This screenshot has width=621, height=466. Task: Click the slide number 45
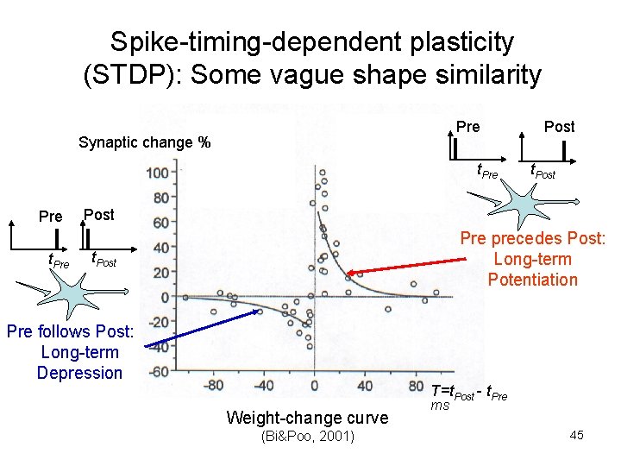(x=576, y=435)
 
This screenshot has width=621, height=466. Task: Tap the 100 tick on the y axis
(x=157, y=174)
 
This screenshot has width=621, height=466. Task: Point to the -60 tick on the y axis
(x=156, y=372)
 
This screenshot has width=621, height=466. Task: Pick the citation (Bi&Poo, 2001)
(x=307, y=436)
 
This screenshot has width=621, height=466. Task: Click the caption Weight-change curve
(x=306, y=418)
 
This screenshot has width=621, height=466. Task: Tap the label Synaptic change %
(x=144, y=142)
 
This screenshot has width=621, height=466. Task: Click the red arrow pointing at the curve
(x=405, y=261)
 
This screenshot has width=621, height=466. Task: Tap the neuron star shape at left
(x=77, y=295)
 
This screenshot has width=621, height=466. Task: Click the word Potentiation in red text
(x=532, y=279)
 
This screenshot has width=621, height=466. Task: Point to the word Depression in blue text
(x=79, y=373)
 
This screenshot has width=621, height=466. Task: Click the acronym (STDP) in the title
(x=123, y=75)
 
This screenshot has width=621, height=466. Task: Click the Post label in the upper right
(x=559, y=126)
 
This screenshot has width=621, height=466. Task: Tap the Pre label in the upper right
(x=468, y=126)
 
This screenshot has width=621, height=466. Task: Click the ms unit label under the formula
(x=440, y=405)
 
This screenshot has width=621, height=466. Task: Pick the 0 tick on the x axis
(x=314, y=385)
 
